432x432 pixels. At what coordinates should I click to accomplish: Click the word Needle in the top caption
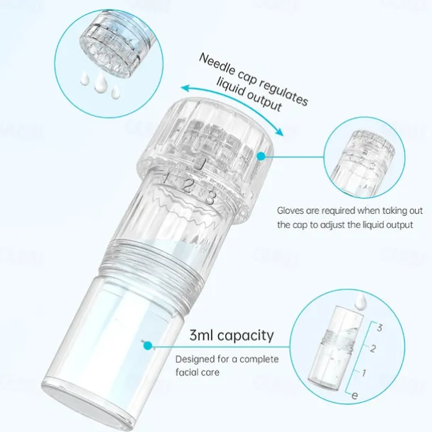coord(216,62)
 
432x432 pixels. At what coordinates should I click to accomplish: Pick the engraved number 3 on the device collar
coord(210,197)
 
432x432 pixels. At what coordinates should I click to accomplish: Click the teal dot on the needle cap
coord(261,155)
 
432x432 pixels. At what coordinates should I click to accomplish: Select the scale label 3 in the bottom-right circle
coord(380,328)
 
